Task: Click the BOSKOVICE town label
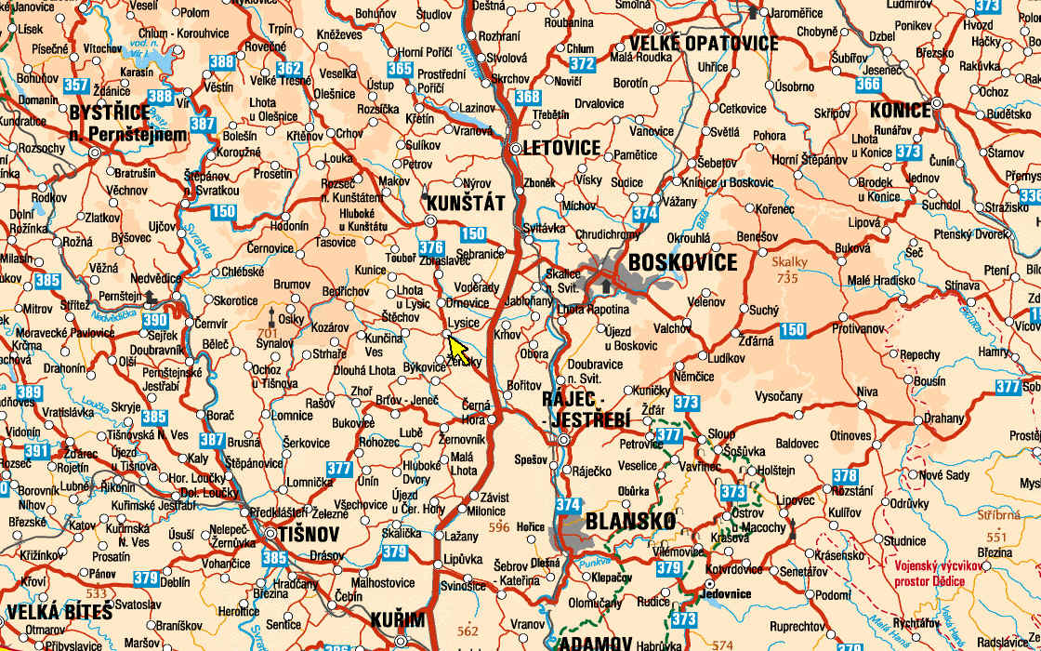(x=682, y=263)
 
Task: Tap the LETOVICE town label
(x=561, y=148)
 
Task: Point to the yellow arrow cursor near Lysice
(x=457, y=350)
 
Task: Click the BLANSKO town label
(x=630, y=522)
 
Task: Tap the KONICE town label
(x=900, y=111)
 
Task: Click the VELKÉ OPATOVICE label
(x=704, y=44)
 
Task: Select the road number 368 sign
(x=528, y=97)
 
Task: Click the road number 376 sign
(x=430, y=248)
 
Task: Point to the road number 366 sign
(x=867, y=85)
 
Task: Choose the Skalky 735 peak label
(x=789, y=270)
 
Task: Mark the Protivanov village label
(x=859, y=329)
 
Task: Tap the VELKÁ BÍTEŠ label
(x=59, y=613)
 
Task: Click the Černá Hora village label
(x=475, y=412)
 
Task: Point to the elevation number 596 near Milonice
(x=500, y=528)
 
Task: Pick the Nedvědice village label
(x=156, y=277)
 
